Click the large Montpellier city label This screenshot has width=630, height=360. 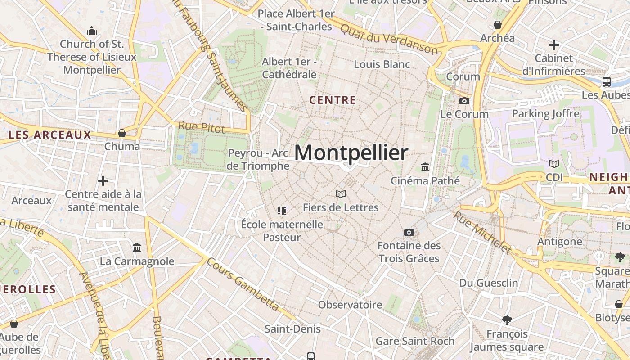coord(351,153)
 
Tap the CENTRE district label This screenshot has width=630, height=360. coord(333,100)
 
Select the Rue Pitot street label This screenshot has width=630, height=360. coord(202,127)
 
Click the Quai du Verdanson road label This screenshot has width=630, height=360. coord(389,39)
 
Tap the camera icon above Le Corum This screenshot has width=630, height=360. coord(464,101)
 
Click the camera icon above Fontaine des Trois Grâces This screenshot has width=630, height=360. coord(409,232)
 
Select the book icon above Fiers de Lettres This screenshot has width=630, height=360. coord(341,194)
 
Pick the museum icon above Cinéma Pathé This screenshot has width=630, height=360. coord(425,167)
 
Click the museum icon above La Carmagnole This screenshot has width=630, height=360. coord(137,247)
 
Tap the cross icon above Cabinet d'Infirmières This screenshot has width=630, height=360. coord(553,45)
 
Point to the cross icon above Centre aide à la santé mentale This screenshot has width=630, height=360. coord(103,181)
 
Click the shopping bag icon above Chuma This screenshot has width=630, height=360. coord(122,133)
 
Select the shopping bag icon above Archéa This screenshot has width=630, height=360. coord(498,25)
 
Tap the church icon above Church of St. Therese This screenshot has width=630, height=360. coord(92,31)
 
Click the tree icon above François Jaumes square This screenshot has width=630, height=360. coord(507,320)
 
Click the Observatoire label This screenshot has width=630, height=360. coord(350,305)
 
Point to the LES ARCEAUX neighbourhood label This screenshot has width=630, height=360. coord(49,135)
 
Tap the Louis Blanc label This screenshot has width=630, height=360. coord(382,64)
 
